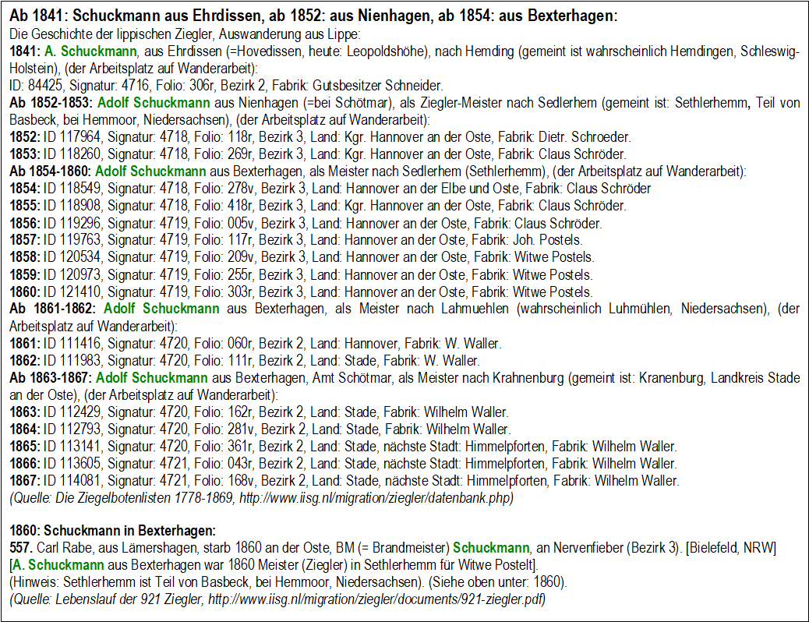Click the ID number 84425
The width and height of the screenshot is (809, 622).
pyautogui.click(x=44, y=87)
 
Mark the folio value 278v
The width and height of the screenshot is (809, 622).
pyautogui.click(x=231, y=189)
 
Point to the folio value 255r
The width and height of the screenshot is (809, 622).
pyautogui.click(x=231, y=274)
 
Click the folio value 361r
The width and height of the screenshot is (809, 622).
pyautogui.click(x=231, y=447)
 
